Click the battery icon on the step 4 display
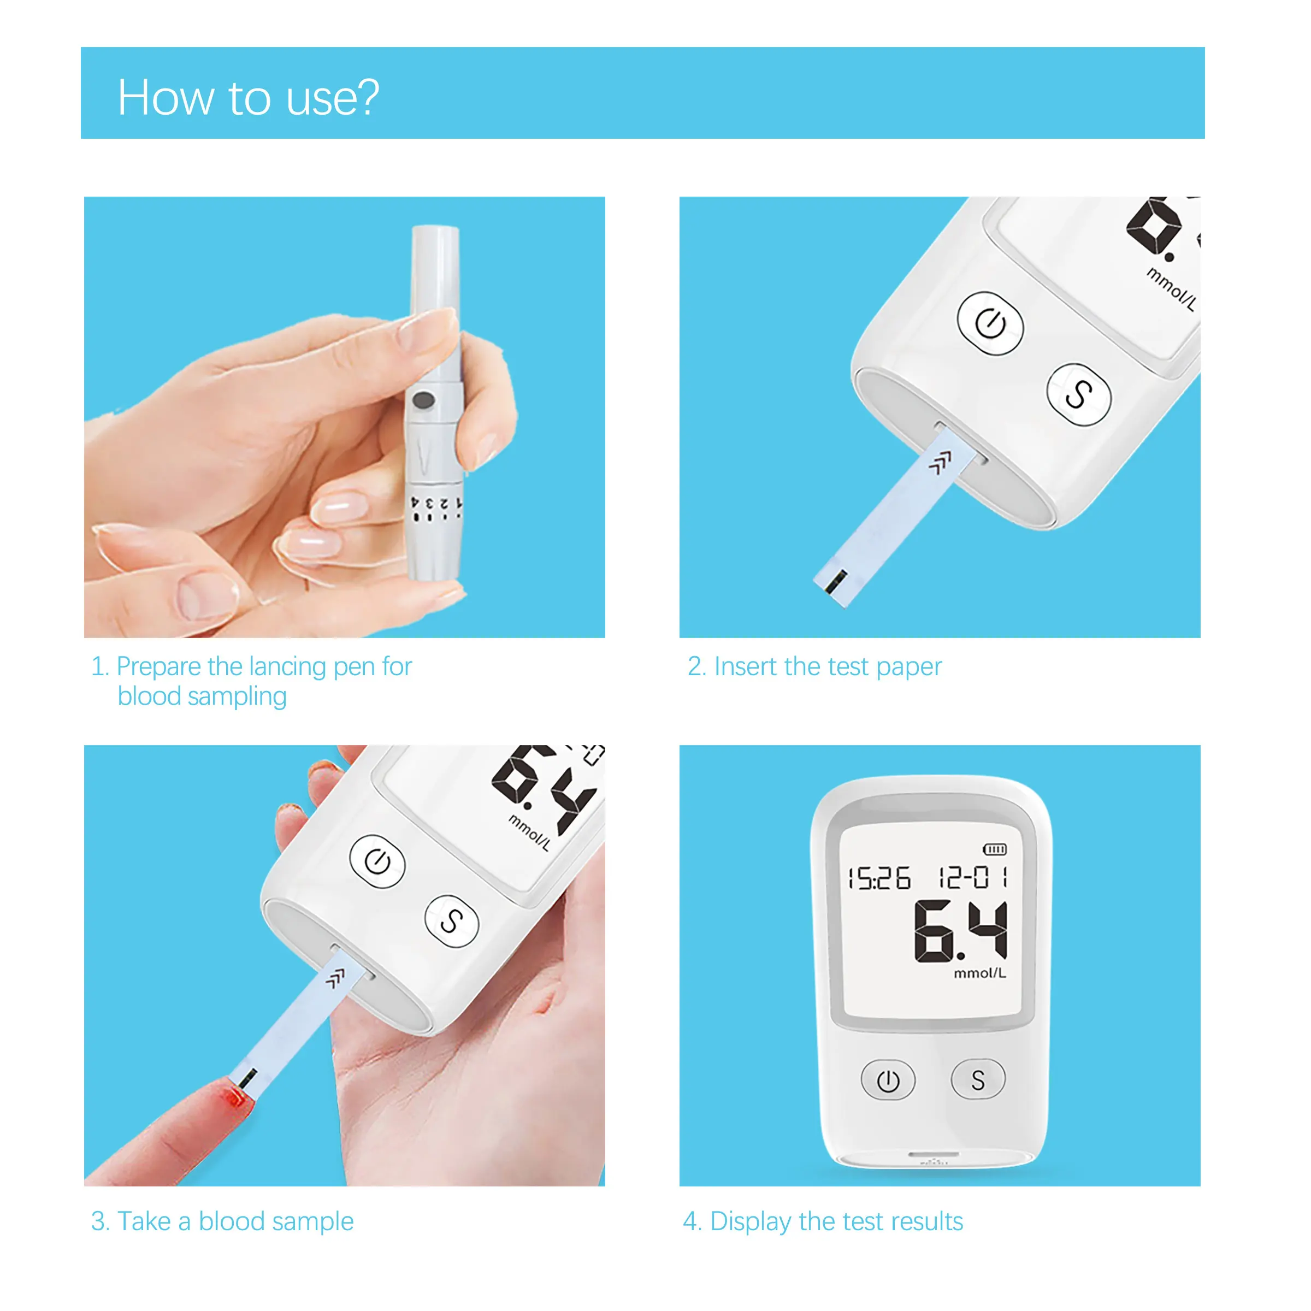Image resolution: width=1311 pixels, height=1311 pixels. [x=995, y=849]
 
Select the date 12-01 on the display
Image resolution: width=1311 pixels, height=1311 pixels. [x=972, y=877]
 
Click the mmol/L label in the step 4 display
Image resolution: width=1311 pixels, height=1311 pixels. [x=980, y=973]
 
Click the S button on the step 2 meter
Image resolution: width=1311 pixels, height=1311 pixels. [x=1079, y=394]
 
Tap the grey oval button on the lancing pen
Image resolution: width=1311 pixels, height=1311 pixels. [x=423, y=400]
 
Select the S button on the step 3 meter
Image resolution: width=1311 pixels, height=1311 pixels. [x=451, y=921]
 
